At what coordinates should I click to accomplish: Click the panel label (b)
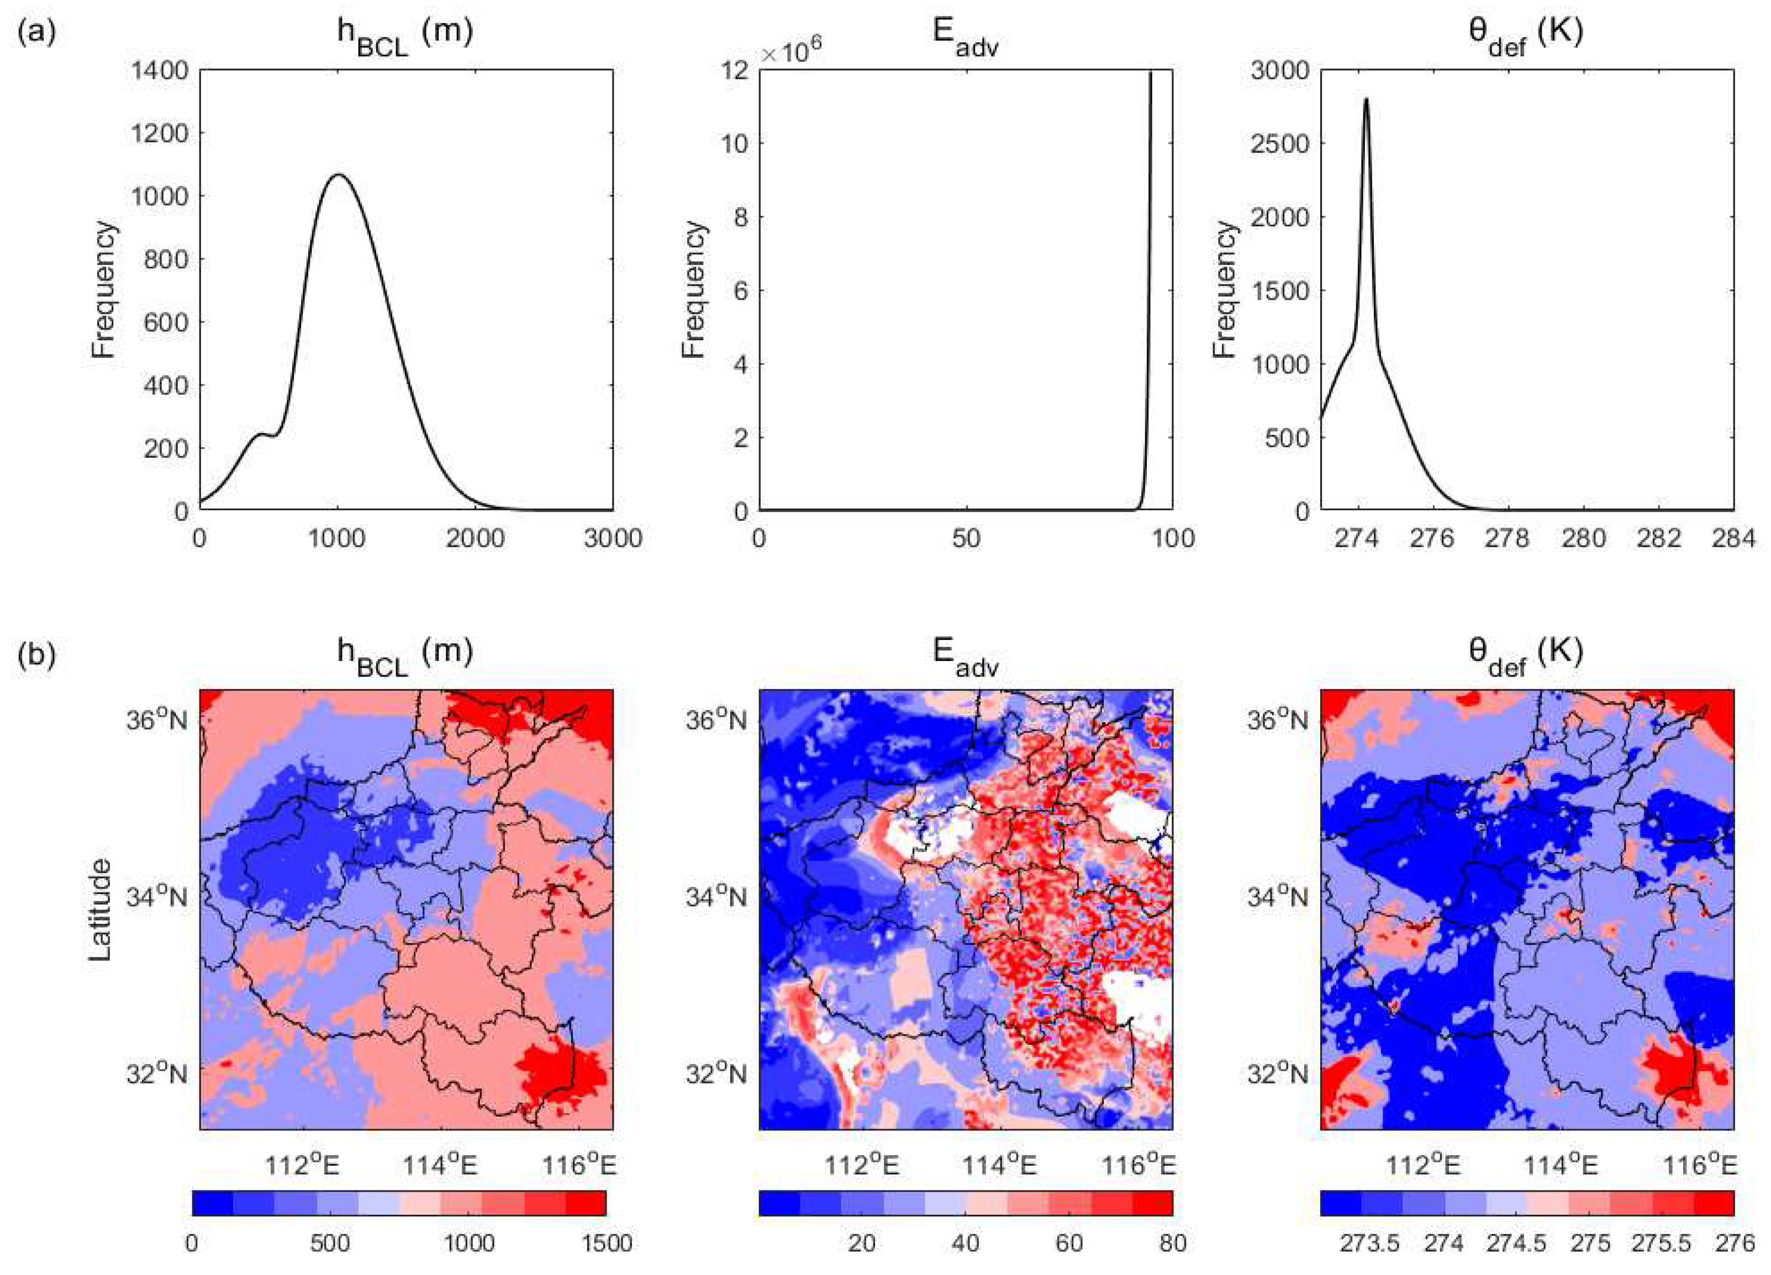click(36, 656)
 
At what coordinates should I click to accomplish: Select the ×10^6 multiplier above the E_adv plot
click(790, 51)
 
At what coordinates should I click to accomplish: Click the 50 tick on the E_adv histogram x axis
click(966, 539)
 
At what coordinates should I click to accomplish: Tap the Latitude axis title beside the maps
click(100, 909)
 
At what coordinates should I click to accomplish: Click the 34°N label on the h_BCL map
click(157, 897)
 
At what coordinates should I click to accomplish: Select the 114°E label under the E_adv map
click(999, 1166)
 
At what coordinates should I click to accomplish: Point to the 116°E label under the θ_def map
click(1699, 1166)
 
